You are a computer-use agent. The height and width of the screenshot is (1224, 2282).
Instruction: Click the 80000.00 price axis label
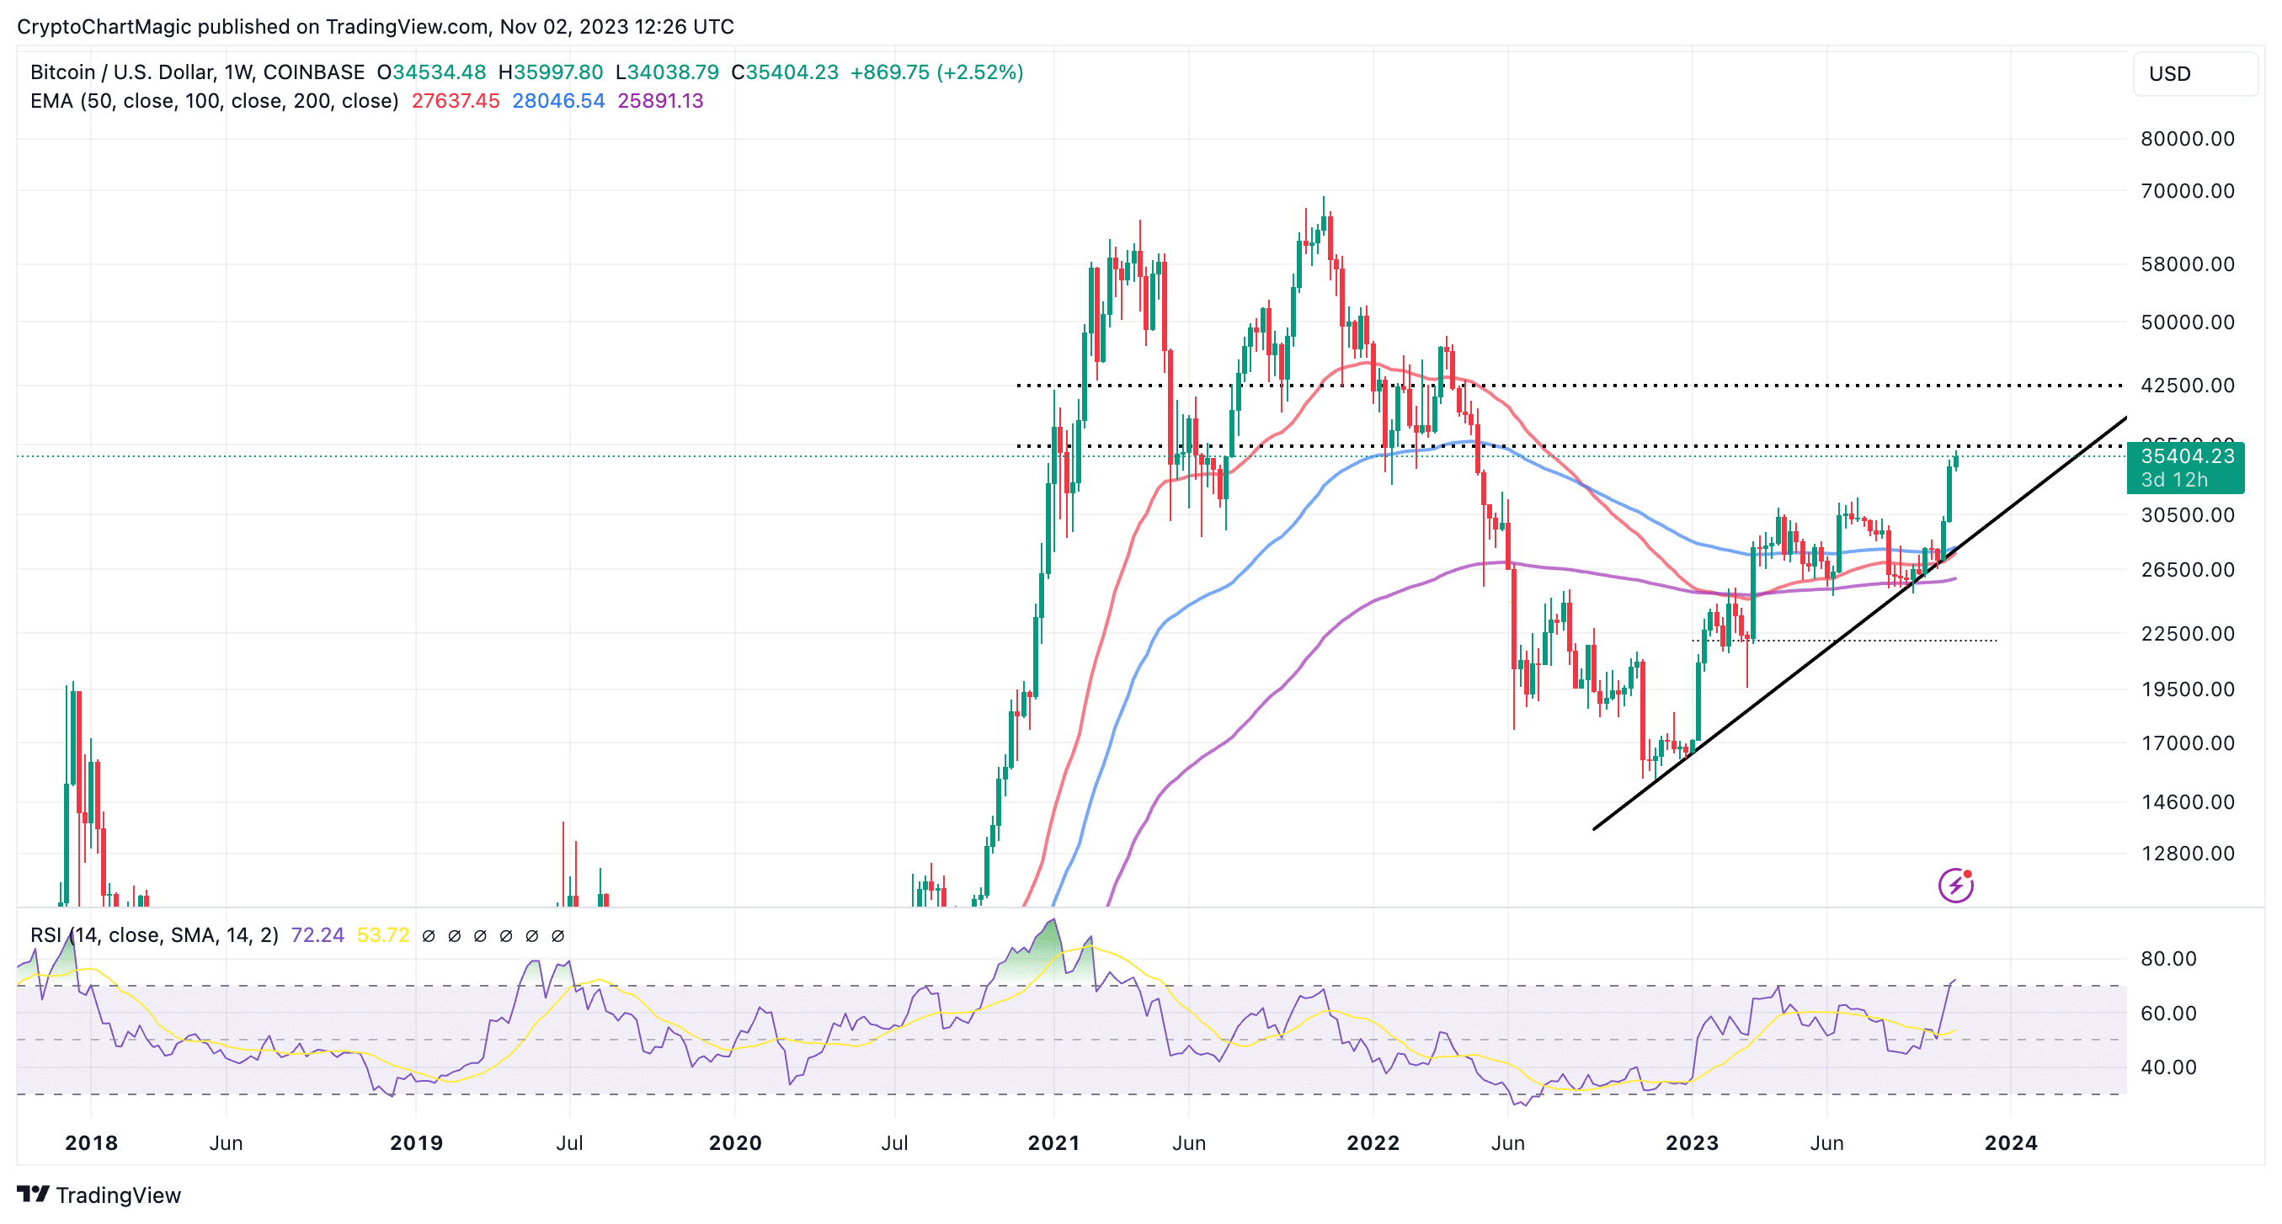coord(2186,139)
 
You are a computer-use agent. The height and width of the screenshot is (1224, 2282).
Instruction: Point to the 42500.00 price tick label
coord(2186,386)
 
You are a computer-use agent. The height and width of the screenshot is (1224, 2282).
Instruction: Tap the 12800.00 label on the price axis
coord(2186,853)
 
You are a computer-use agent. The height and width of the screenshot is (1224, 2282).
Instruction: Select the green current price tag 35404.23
coord(2185,457)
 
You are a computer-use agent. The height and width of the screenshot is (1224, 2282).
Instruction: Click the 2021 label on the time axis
coord(1053,1142)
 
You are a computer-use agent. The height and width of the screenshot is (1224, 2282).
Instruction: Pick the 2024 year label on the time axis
coord(2010,1142)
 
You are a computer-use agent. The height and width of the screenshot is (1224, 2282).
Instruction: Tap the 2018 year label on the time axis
coord(91,1142)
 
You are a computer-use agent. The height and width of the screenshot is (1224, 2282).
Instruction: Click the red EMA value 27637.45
coord(456,101)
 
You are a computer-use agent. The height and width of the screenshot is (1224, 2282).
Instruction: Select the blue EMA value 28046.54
coord(558,101)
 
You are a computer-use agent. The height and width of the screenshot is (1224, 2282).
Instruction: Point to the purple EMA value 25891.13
coord(660,101)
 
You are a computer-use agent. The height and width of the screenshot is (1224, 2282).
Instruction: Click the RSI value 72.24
coord(317,935)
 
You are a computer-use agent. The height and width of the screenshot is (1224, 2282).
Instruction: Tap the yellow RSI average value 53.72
coord(382,935)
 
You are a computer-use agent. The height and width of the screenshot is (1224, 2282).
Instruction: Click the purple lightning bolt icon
coord(1955,885)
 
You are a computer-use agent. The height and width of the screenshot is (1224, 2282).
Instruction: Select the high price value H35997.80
coord(550,72)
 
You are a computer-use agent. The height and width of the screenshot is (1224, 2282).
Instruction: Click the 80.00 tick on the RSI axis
coord(2167,958)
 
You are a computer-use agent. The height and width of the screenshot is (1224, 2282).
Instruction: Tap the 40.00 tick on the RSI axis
coord(2167,1067)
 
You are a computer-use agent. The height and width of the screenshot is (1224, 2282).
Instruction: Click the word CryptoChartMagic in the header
coord(104,27)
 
